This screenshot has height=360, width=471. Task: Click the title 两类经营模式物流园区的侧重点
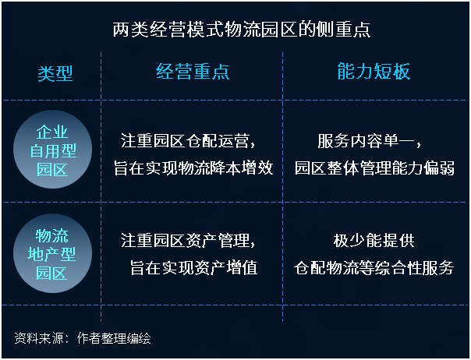pyautogui.click(x=242, y=30)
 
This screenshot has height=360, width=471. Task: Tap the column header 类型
pyautogui.click(x=55, y=73)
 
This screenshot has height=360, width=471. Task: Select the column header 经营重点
pyautogui.click(x=193, y=72)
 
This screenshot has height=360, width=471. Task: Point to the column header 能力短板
pyautogui.click(x=374, y=71)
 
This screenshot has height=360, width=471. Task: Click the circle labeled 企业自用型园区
pyautogui.click(x=52, y=150)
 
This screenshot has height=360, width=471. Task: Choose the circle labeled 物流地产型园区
pyautogui.click(x=52, y=253)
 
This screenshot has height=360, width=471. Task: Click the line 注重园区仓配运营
pyautogui.click(x=188, y=141)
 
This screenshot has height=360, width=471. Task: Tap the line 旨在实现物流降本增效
pyautogui.click(x=193, y=168)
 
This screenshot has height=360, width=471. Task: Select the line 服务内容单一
pyautogui.click(x=369, y=141)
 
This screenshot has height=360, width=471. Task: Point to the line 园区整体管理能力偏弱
pyautogui.click(x=374, y=168)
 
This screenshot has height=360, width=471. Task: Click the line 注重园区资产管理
pyautogui.click(x=188, y=241)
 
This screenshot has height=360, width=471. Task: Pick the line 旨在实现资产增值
pyautogui.click(x=193, y=267)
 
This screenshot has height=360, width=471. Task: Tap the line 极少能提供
pyautogui.click(x=374, y=241)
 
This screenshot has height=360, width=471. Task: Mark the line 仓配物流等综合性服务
pyautogui.click(x=374, y=267)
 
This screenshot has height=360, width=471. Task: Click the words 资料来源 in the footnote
pyautogui.click(x=39, y=338)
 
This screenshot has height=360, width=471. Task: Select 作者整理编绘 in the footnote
pyautogui.click(x=114, y=338)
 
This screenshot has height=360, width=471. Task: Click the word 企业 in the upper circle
pyautogui.click(x=52, y=132)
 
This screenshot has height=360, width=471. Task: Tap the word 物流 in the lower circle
pyautogui.click(x=52, y=235)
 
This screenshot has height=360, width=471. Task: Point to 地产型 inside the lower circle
pyautogui.click(x=51, y=254)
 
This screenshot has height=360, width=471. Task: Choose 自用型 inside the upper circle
pyautogui.click(x=53, y=150)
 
